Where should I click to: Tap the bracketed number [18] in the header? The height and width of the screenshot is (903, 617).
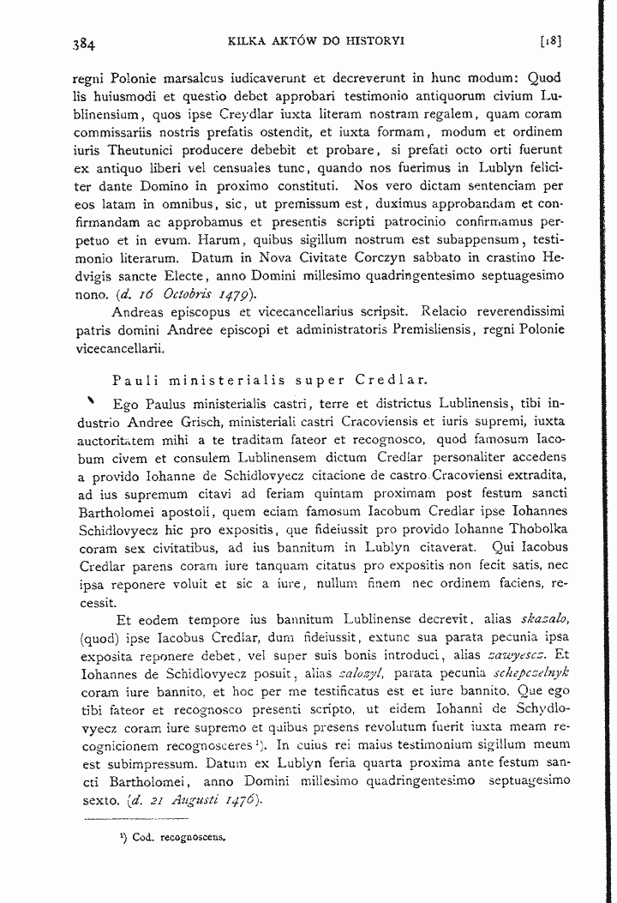(549, 40)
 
